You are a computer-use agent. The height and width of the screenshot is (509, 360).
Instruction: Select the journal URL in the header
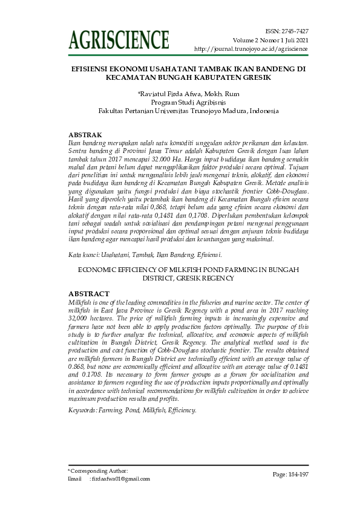pyautogui.click(x=251, y=48)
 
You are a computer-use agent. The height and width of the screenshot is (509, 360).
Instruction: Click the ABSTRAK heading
pyautogui.click(x=85, y=134)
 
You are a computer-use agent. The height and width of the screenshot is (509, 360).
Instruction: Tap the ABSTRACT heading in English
pyautogui.click(x=89, y=294)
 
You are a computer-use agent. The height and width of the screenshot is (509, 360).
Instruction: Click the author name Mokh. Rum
pyautogui.click(x=213, y=94)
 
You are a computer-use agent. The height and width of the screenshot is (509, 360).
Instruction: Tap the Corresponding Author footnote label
pyautogui.click(x=98, y=470)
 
